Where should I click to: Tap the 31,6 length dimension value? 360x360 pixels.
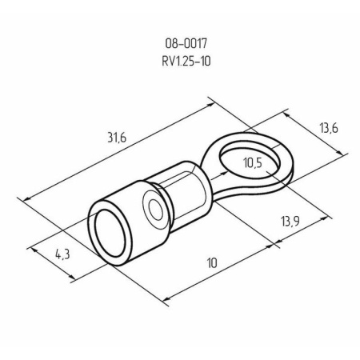click(x=117, y=138)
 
